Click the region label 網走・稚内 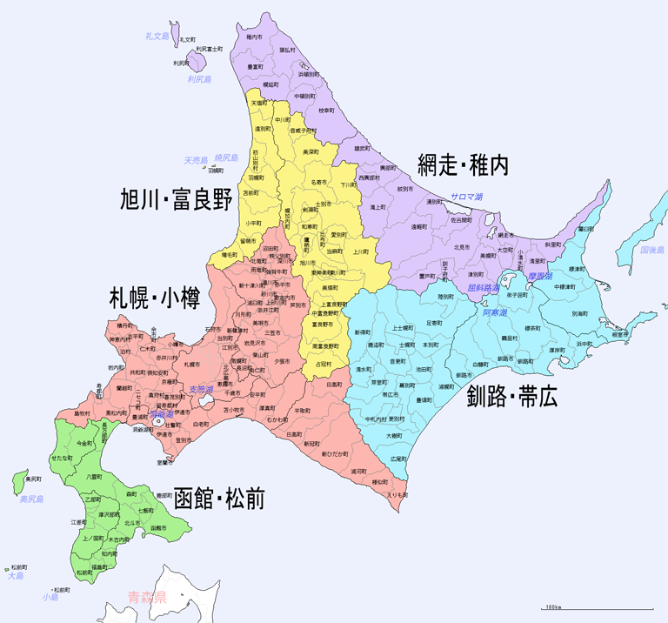coord(462,164)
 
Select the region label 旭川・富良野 coord(177,200)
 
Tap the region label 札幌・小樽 coord(154,298)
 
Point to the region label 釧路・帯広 coord(512,399)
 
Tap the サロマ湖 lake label coord(471,198)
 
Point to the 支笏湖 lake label coord(201,390)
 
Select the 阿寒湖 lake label coord(493,312)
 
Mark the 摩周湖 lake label coord(540,276)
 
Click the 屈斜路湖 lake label coord(484,287)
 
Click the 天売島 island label coord(196,160)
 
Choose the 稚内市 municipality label coord(254,37)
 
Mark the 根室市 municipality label coord(620,334)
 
